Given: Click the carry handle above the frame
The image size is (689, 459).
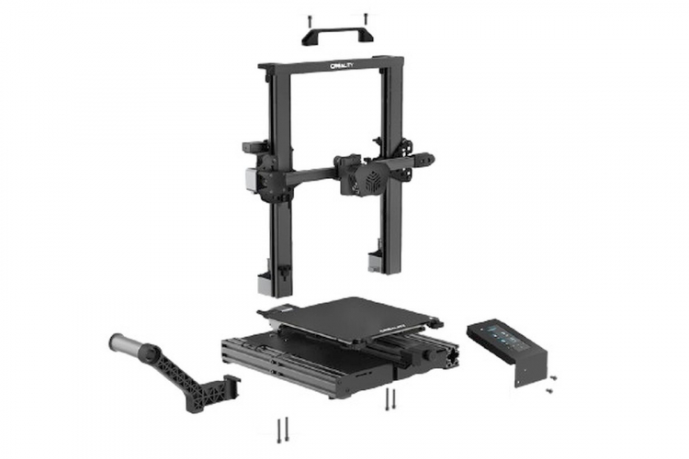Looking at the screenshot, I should coord(337,33).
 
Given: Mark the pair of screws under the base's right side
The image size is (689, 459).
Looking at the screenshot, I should coord(390,398).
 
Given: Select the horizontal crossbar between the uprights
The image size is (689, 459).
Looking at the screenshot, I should coord(308,174).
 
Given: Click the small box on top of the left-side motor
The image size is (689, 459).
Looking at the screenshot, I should coord(251,146).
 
